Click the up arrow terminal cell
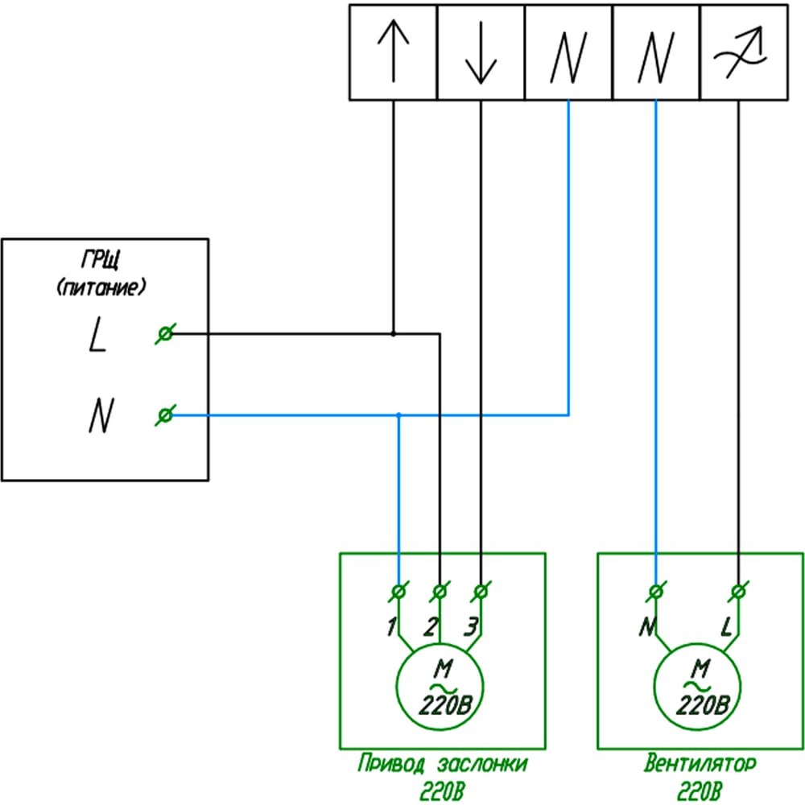coord(394,52)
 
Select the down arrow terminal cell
coord(481,52)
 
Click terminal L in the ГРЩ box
coord(165,334)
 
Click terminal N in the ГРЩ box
coord(165,415)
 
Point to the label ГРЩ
coord(101,260)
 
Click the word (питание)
coord(101,287)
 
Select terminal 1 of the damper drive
coord(398,592)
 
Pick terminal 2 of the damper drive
coord(440,592)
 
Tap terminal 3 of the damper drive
coord(481,592)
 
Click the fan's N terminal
coord(655,592)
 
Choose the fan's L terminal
coord(738,592)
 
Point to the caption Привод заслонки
coord(443,764)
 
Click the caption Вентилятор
coord(700,763)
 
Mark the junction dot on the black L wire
coord(394,334)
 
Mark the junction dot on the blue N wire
coord(399,415)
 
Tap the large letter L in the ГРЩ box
coord(97,334)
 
